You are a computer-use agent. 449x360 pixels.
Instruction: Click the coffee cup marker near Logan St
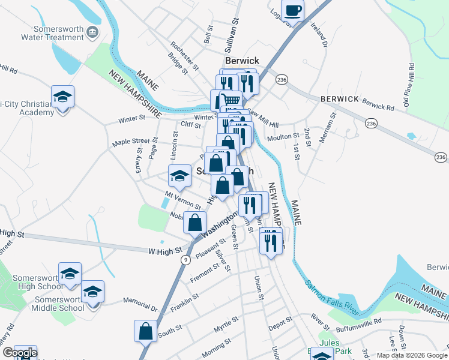[292, 10]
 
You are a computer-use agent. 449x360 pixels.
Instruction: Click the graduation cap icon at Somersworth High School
[70, 273]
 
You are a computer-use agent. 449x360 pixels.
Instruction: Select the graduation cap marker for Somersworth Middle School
[92, 292]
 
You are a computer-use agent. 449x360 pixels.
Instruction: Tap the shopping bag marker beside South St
[145, 330]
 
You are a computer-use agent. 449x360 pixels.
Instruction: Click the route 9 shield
[186, 259]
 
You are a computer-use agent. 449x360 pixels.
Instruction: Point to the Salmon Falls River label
[331, 283]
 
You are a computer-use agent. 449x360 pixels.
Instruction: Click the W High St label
[164, 251]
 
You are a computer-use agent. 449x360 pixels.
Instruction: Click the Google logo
[20, 353]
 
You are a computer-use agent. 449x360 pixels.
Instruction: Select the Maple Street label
[131, 142]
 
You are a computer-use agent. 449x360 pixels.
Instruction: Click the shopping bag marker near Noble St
[195, 223]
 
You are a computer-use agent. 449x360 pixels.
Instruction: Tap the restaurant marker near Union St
[271, 241]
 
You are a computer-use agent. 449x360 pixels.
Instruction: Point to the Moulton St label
[283, 137]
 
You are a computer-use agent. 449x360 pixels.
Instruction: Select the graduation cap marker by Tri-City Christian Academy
[62, 98]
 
